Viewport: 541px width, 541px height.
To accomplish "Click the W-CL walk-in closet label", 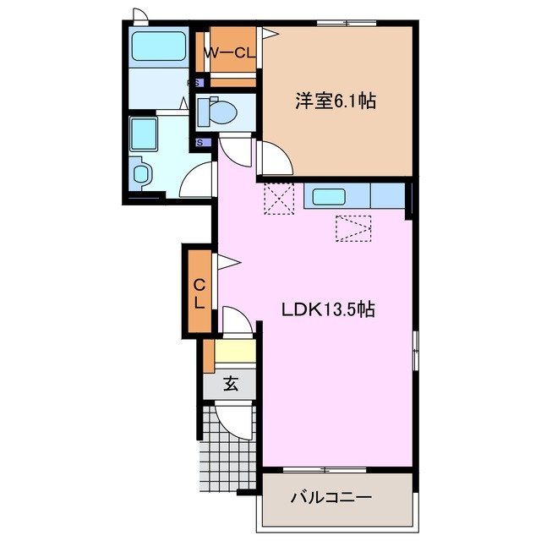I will pyautogui.click(x=231, y=52).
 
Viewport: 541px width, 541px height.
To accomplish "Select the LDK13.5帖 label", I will pyautogui.click(x=328, y=309).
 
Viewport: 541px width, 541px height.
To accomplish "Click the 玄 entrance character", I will pyautogui.click(x=230, y=384).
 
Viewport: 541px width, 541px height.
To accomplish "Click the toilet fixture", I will pyautogui.click(x=222, y=111).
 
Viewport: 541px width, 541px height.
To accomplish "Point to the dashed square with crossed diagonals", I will pyautogui.click(x=277, y=199).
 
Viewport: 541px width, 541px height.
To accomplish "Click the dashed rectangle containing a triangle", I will pyautogui.click(x=353, y=227).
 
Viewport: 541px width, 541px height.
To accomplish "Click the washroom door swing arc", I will pyautogui.click(x=199, y=179).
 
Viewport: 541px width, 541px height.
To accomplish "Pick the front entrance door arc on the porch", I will pyautogui.click(x=235, y=418).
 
